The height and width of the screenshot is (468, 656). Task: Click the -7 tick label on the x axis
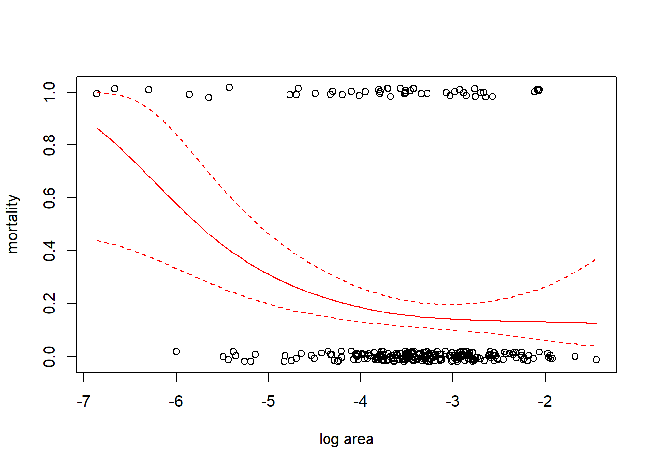(x=83, y=401)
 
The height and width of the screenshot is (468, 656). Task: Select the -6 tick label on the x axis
(x=176, y=401)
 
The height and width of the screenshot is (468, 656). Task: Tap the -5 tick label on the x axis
(x=268, y=401)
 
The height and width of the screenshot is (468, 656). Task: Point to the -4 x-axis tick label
(x=360, y=401)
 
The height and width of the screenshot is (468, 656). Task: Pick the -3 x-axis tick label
(x=452, y=401)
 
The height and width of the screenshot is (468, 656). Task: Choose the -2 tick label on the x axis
(x=545, y=401)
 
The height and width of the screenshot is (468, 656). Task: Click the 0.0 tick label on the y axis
(x=49, y=356)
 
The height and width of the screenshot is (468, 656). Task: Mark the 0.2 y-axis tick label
(x=49, y=303)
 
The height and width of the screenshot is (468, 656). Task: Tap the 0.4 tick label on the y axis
(x=49, y=251)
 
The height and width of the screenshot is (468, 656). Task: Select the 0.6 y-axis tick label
(x=49, y=198)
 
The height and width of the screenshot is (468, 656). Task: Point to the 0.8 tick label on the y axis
(x=49, y=145)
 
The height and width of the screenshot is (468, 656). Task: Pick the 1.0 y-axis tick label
(x=49, y=92)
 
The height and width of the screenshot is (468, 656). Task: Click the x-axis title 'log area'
(x=346, y=439)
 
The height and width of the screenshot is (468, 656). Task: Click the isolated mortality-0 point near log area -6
(x=176, y=351)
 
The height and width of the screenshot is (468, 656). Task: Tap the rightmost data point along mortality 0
(x=596, y=360)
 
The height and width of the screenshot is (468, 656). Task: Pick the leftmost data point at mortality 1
(x=97, y=94)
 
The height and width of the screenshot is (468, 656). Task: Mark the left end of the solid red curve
(x=97, y=128)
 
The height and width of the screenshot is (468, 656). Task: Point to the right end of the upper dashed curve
(x=596, y=259)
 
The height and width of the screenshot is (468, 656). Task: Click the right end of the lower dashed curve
(x=594, y=346)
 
